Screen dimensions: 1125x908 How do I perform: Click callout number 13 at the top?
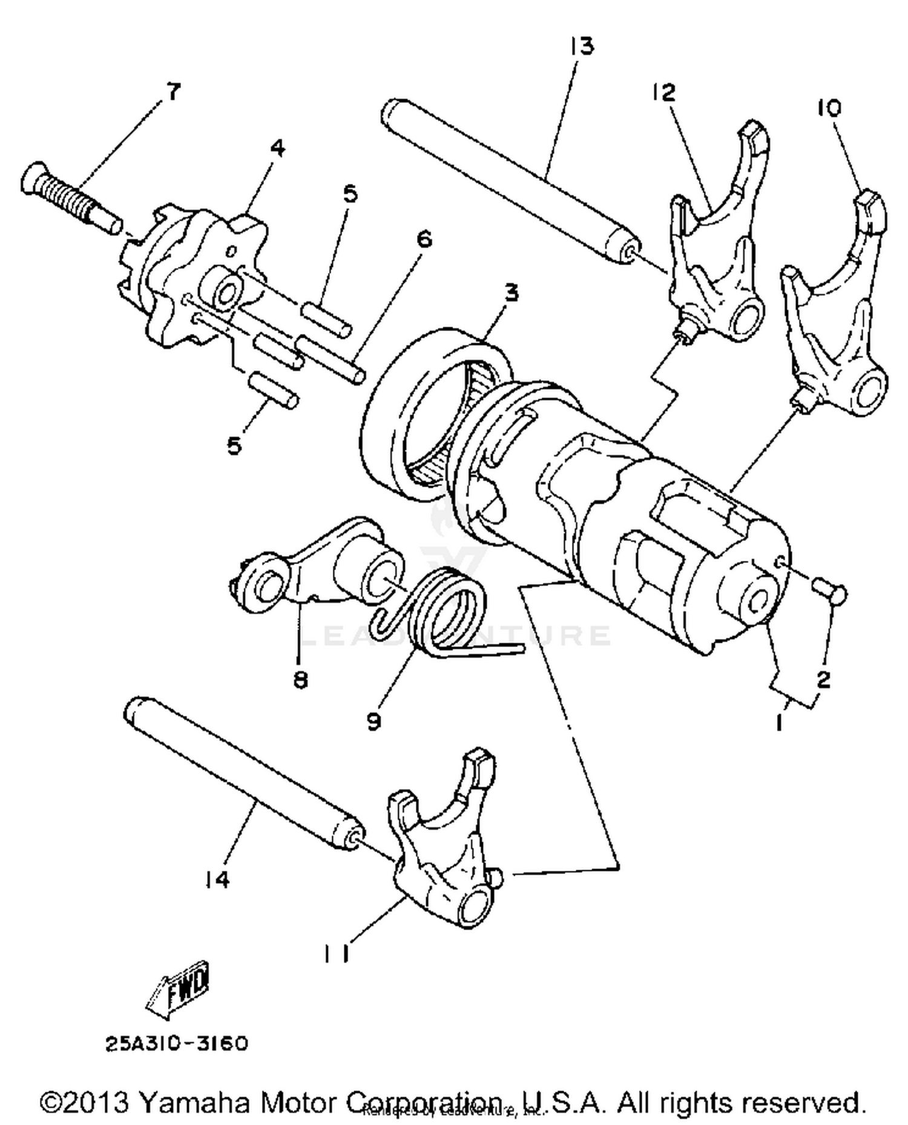pos(582,47)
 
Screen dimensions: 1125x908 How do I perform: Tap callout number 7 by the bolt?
pos(173,93)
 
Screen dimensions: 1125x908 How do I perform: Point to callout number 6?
pos(424,240)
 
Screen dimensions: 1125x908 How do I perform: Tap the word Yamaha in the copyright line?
pos(194,1102)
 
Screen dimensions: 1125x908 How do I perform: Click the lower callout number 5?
pos(234,445)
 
